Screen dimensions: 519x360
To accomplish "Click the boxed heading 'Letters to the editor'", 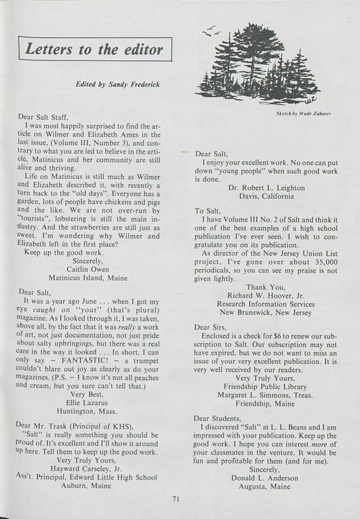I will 95,48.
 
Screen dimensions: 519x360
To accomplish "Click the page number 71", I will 176,498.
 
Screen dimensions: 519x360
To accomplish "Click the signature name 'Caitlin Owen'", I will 93,267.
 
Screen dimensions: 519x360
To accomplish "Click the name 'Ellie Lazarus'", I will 93,393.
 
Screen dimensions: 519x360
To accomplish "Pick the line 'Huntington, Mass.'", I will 93,402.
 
